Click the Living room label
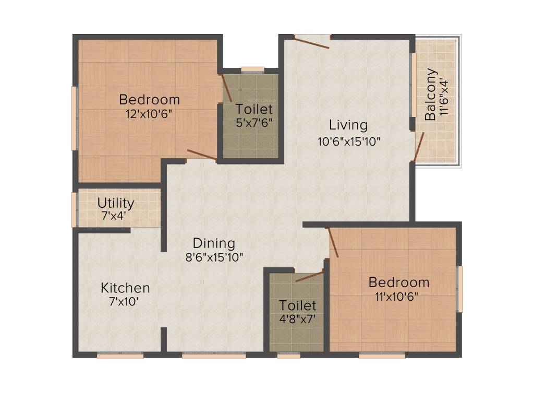(348, 125)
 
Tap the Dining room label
(214, 243)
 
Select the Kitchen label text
(125, 288)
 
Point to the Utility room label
(116, 203)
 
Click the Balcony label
(430, 95)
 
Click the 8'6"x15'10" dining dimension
(214, 257)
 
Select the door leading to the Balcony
(419, 147)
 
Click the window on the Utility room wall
(74, 209)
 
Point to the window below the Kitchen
(120, 356)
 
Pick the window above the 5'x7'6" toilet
(253, 69)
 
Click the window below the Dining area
(214, 356)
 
